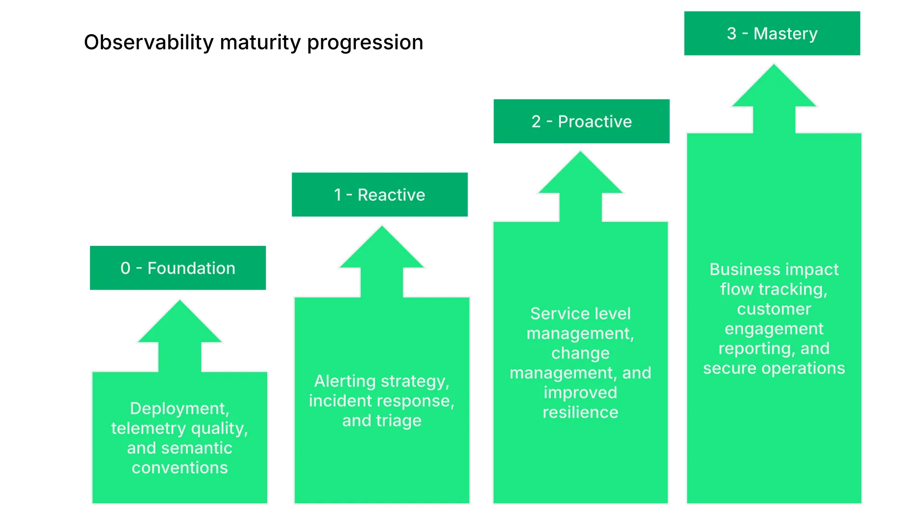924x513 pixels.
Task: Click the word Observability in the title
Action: coord(148,42)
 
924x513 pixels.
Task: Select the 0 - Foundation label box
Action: coord(178,268)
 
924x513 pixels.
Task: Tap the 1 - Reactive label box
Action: coord(379,194)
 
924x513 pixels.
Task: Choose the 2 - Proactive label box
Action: coord(581,121)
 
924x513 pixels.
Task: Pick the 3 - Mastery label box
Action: coord(772,33)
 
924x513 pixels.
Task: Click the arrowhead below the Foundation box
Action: coord(180,325)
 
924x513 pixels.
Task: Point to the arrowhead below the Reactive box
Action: coord(382,251)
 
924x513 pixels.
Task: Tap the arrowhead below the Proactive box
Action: coord(580,176)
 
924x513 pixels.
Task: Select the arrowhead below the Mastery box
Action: coord(774,89)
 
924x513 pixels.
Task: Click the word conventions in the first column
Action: coord(180,468)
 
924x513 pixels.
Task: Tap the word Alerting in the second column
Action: coord(345,381)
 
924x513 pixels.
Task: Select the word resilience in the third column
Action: coord(580,412)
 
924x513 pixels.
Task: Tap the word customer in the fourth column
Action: coord(774,309)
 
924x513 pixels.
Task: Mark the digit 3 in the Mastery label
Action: coord(731,34)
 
